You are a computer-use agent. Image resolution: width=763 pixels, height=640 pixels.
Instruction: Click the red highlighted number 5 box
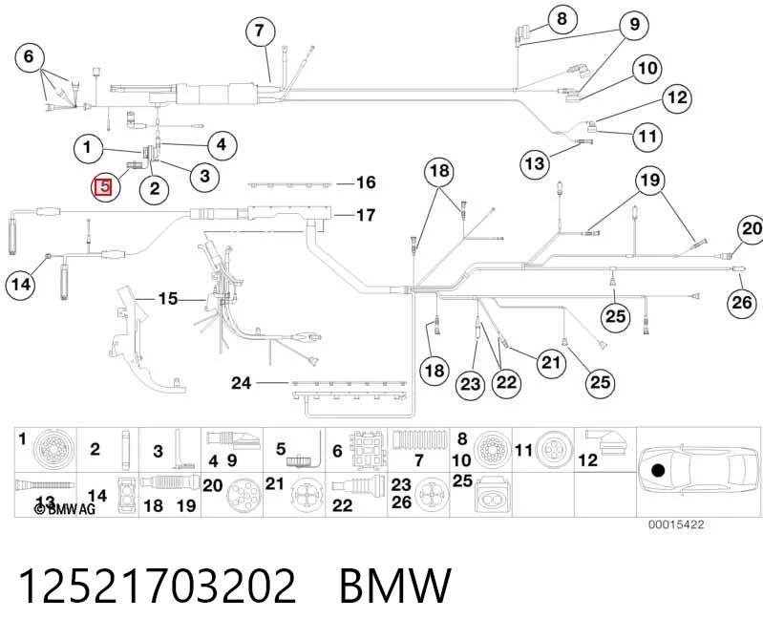pyautogui.click(x=103, y=187)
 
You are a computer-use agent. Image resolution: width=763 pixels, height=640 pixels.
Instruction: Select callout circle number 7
pyautogui.click(x=260, y=31)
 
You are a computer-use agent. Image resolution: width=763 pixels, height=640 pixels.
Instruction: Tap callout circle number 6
pyautogui.click(x=30, y=56)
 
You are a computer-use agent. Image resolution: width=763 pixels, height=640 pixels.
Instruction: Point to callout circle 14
pyautogui.click(x=21, y=285)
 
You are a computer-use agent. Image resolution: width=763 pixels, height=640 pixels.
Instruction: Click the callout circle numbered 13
pyautogui.click(x=535, y=163)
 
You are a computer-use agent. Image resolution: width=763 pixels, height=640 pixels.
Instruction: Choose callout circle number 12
pyautogui.click(x=677, y=97)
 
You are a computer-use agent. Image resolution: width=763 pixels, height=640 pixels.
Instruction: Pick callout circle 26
pyautogui.click(x=742, y=303)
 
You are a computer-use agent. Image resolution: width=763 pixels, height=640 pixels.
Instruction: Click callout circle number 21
pyautogui.click(x=551, y=363)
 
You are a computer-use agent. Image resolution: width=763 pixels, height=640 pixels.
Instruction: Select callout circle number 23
pyautogui.click(x=470, y=385)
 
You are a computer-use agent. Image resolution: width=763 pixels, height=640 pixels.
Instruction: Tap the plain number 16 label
pyautogui.click(x=366, y=182)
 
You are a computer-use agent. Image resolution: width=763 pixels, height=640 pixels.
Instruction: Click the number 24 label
pyautogui.click(x=242, y=383)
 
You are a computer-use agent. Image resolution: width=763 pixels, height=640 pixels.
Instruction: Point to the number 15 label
pyautogui.click(x=168, y=298)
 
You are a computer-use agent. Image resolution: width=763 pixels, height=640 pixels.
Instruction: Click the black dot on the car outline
pyautogui.click(x=658, y=471)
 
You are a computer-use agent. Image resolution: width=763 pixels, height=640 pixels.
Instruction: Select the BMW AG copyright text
pyautogui.click(x=65, y=509)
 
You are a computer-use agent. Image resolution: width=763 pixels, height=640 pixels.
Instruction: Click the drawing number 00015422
pyautogui.click(x=676, y=524)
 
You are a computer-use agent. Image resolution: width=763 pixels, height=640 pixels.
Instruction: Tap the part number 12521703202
pyautogui.click(x=158, y=586)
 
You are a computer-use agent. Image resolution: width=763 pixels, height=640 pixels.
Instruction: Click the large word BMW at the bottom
pyautogui.click(x=395, y=586)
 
